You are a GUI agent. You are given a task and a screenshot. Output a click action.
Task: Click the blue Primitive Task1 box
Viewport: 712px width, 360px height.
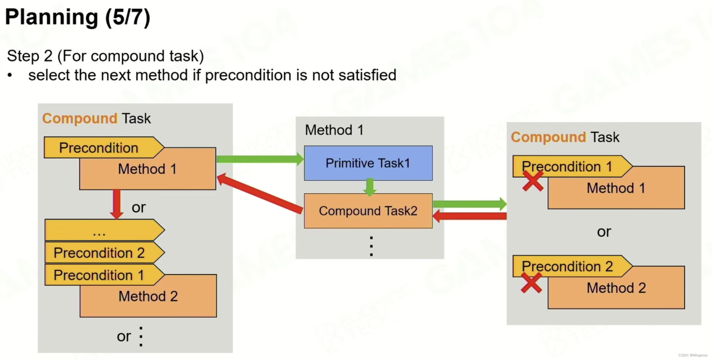click(x=368, y=163)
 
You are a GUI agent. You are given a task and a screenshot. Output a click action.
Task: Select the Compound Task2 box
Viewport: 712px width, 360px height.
click(x=368, y=211)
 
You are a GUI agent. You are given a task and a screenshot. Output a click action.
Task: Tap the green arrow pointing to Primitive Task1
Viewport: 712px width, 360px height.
click(x=260, y=159)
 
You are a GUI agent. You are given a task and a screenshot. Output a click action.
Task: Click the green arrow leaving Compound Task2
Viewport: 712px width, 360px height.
click(x=469, y=204)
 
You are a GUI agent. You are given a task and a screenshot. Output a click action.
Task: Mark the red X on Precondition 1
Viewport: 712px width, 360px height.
click(x=533, y=181)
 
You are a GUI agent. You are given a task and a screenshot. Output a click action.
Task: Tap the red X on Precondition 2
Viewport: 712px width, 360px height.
click(x=531, y=283)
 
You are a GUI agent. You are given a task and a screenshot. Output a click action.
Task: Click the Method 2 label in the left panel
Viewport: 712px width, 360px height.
click(x=148, y=296)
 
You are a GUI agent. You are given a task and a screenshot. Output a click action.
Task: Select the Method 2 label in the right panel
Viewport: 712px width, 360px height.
click(x=616, y=288)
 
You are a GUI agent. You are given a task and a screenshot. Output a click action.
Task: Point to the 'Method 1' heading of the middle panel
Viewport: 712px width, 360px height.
click(x=334, y=130)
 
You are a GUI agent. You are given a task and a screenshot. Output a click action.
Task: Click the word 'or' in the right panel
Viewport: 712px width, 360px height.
click(x=604, y=232)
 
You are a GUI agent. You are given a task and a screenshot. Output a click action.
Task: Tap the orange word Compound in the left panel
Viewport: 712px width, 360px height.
click(x=80, y=118)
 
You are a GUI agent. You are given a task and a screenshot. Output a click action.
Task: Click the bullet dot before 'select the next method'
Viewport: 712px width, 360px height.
click(x=10, y=75)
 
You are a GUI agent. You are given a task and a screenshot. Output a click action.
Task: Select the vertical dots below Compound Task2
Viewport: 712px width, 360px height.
click(x=371, y=246)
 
